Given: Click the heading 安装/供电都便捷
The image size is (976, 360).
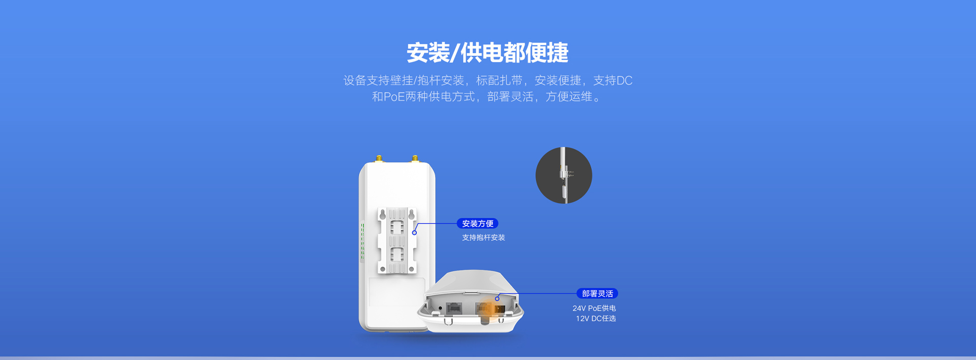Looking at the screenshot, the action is pyautogui.click(x=487, y=52).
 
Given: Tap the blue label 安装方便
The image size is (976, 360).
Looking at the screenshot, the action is pyautogui.click(x=477, y=223).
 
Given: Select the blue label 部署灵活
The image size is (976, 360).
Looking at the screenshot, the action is pyautogui.click(x=597, y=293).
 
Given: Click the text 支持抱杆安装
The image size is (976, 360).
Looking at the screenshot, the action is pyautogui.click(x=483, y=237).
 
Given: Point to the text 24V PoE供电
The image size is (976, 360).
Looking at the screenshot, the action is pyautogui.click(x=594, y=308).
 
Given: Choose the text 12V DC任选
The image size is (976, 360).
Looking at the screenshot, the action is pyautogui.click(x=596, y=318).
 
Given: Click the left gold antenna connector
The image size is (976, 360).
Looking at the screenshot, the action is pyautogui.click(x=379, y=159).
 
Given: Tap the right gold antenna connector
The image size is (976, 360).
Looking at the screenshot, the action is pyautogui.click(x=415, y=159).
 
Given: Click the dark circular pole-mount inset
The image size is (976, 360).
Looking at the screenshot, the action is pyautogui.click(x=564, y=175).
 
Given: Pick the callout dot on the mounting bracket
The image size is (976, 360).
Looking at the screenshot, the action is pyautogui.click(x=414, y=232).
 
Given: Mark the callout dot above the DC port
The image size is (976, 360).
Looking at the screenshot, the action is pyautogui.click(x=497, y=298).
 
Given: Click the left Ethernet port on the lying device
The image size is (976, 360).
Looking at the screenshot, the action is pyautogui.click(x=453, y=308).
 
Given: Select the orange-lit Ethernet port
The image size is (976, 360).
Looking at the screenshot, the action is pyautogui.click(x=483, y=308).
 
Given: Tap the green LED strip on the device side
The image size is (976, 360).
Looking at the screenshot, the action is pyautogui.click(x=362, y=242).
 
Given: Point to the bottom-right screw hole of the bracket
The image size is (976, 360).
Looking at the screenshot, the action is pyautogui.click(x=412, y=269).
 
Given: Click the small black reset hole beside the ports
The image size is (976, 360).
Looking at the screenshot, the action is pyautogui.click(x=440, y=308).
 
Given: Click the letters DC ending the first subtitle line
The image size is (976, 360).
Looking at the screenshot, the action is pyautogui.click(x=625, y=80).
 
